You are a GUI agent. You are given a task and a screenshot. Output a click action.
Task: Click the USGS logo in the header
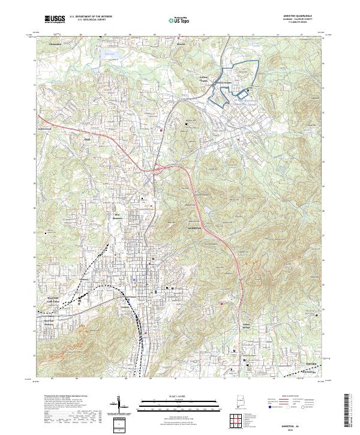point(55,19)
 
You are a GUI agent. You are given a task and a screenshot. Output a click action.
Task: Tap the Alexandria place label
point(56,44)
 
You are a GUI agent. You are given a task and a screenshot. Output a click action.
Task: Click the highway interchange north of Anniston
point(158,170)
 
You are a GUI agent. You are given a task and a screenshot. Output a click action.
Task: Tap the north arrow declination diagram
point(119,405)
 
